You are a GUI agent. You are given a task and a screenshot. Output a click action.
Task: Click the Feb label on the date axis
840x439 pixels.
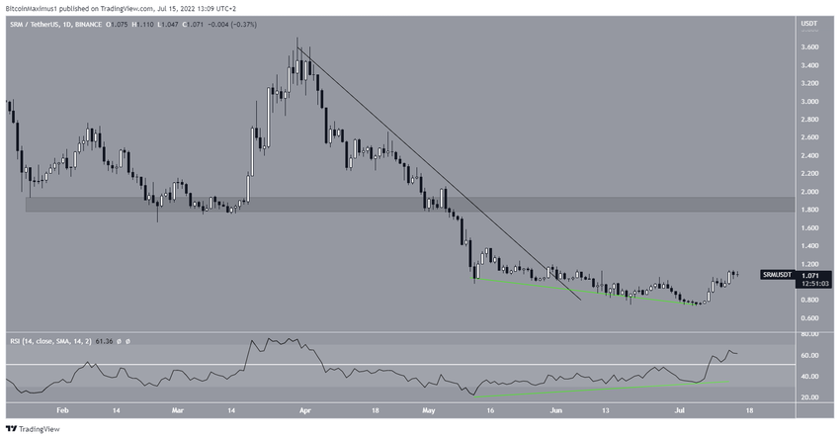point(62,409)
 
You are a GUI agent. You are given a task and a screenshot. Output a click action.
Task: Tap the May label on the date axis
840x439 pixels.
point(428,409)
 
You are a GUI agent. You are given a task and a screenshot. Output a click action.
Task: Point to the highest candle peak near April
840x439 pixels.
point(297,40)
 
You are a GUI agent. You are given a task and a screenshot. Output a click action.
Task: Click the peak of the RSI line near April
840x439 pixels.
point(254,340)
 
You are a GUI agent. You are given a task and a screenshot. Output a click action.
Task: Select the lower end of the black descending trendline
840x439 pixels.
point(580,298)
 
